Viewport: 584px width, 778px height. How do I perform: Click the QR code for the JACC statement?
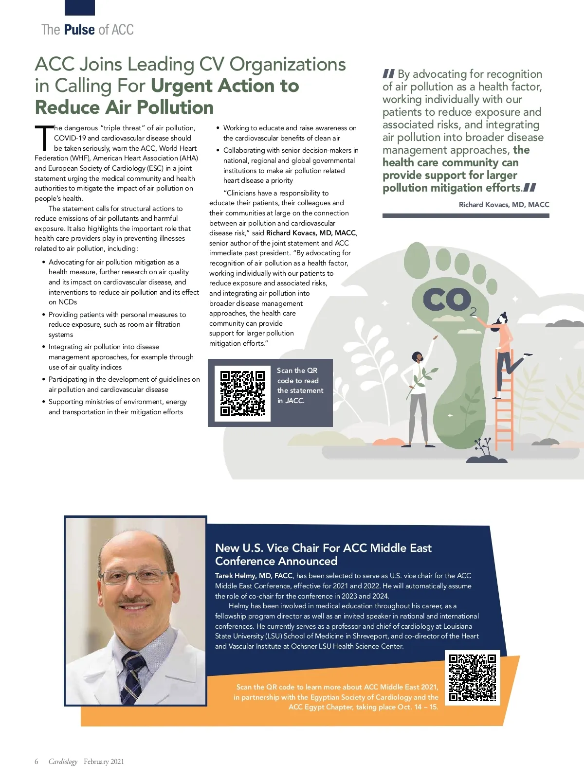[x=242, y=393]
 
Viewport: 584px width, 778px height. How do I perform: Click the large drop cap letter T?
[x=44, y=138]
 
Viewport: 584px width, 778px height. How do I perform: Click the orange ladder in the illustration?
[x=504, y=399]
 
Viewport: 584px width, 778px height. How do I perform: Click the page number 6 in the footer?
[x=36, y=761]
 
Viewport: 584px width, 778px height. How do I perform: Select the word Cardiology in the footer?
[x=63, y=761]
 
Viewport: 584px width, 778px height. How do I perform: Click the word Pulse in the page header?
[x=79, y=30]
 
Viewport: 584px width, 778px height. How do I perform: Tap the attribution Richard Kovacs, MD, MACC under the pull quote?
[x=504, y=205]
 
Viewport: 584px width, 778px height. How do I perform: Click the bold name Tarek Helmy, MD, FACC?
[x=254, y=576]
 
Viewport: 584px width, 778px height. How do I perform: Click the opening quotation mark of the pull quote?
[x=388, y=74]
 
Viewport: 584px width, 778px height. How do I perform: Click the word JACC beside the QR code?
[x=295, y=401]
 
